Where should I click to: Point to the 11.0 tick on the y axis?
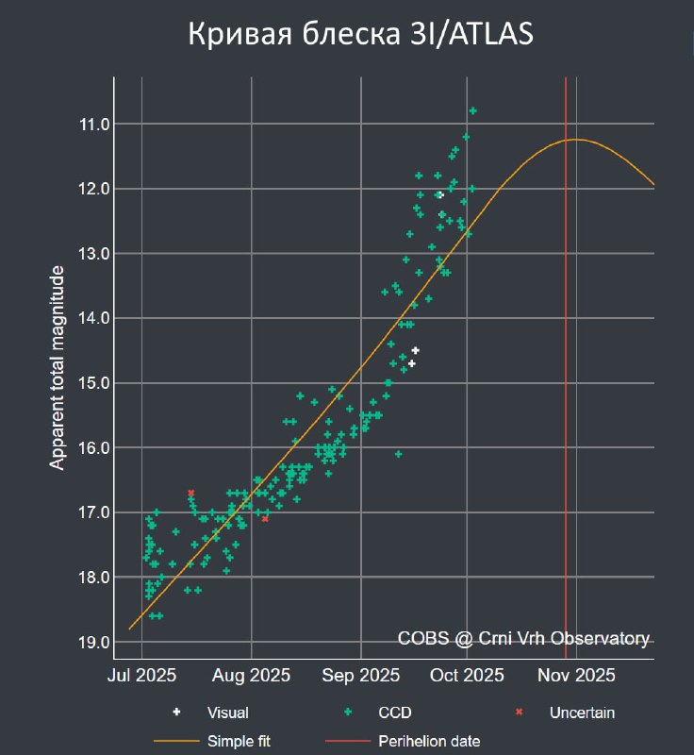(97, 125)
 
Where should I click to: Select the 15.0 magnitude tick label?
(97, 383)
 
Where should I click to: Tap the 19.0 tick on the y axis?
(97, 643)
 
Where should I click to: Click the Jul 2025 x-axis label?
(141, 675)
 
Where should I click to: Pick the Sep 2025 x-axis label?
(361, 675)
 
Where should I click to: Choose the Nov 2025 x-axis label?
(576, 675)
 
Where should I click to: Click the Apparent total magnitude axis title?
(58, 368)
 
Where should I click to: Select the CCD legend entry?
(395, 713)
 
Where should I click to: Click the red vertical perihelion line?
(565, 377)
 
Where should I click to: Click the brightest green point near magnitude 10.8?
(472, 110)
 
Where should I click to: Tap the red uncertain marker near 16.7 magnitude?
(190, 493)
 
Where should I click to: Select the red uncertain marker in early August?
(265, 518)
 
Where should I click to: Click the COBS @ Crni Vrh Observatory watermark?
(523, 639)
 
